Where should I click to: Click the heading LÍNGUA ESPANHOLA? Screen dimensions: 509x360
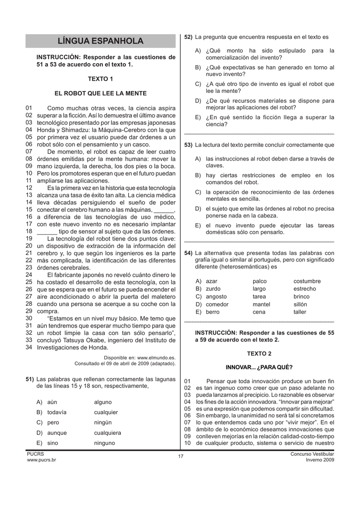click(x=100, y=41)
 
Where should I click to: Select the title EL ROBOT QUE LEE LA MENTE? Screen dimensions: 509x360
click(x=100, y=93)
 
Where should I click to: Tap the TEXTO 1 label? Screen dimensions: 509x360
click(x=100, y=79)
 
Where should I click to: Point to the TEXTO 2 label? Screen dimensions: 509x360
click(x=259, y=354)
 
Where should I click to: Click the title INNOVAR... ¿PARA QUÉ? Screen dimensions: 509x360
click(x=259, y=367)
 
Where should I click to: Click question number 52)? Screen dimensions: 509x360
click(x=188, y=37)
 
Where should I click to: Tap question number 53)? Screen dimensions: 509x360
click(x=188, y=145)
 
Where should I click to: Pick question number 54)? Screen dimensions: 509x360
click(x=188, y=253)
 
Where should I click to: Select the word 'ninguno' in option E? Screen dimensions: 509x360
click(x=104, y=443)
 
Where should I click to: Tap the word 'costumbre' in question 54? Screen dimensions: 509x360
click(x=307, y=281)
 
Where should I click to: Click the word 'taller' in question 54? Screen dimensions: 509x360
click(x=300, y=312)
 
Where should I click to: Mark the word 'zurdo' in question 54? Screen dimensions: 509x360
click(x=213, y=289)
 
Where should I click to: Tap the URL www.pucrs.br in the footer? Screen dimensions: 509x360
click(x=41, y=460)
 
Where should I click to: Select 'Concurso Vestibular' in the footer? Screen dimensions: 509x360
click(x=312, y=454)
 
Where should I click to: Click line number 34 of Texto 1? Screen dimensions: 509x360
click(x=29, y=347)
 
